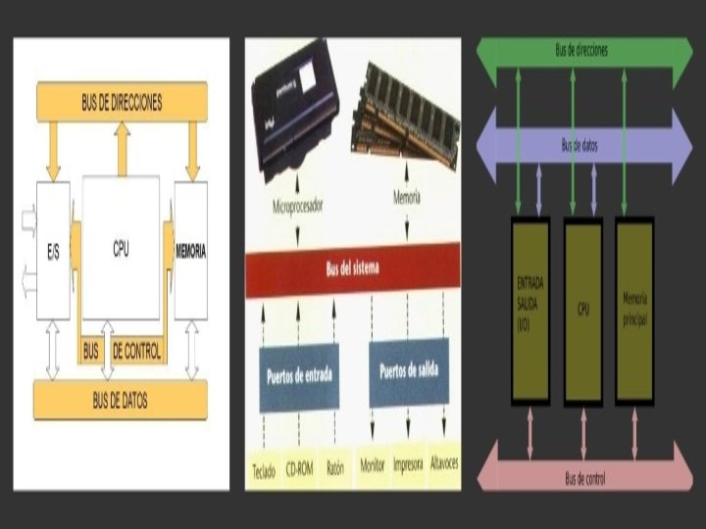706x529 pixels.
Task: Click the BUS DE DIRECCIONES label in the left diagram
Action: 122,101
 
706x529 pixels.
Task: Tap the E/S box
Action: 53,251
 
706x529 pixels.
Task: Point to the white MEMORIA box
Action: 190,251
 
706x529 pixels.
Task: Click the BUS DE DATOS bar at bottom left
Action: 121,400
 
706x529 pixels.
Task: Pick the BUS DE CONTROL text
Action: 123,350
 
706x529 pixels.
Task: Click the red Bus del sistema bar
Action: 352,268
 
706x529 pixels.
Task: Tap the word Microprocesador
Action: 300,207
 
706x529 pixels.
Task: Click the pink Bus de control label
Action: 584,478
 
